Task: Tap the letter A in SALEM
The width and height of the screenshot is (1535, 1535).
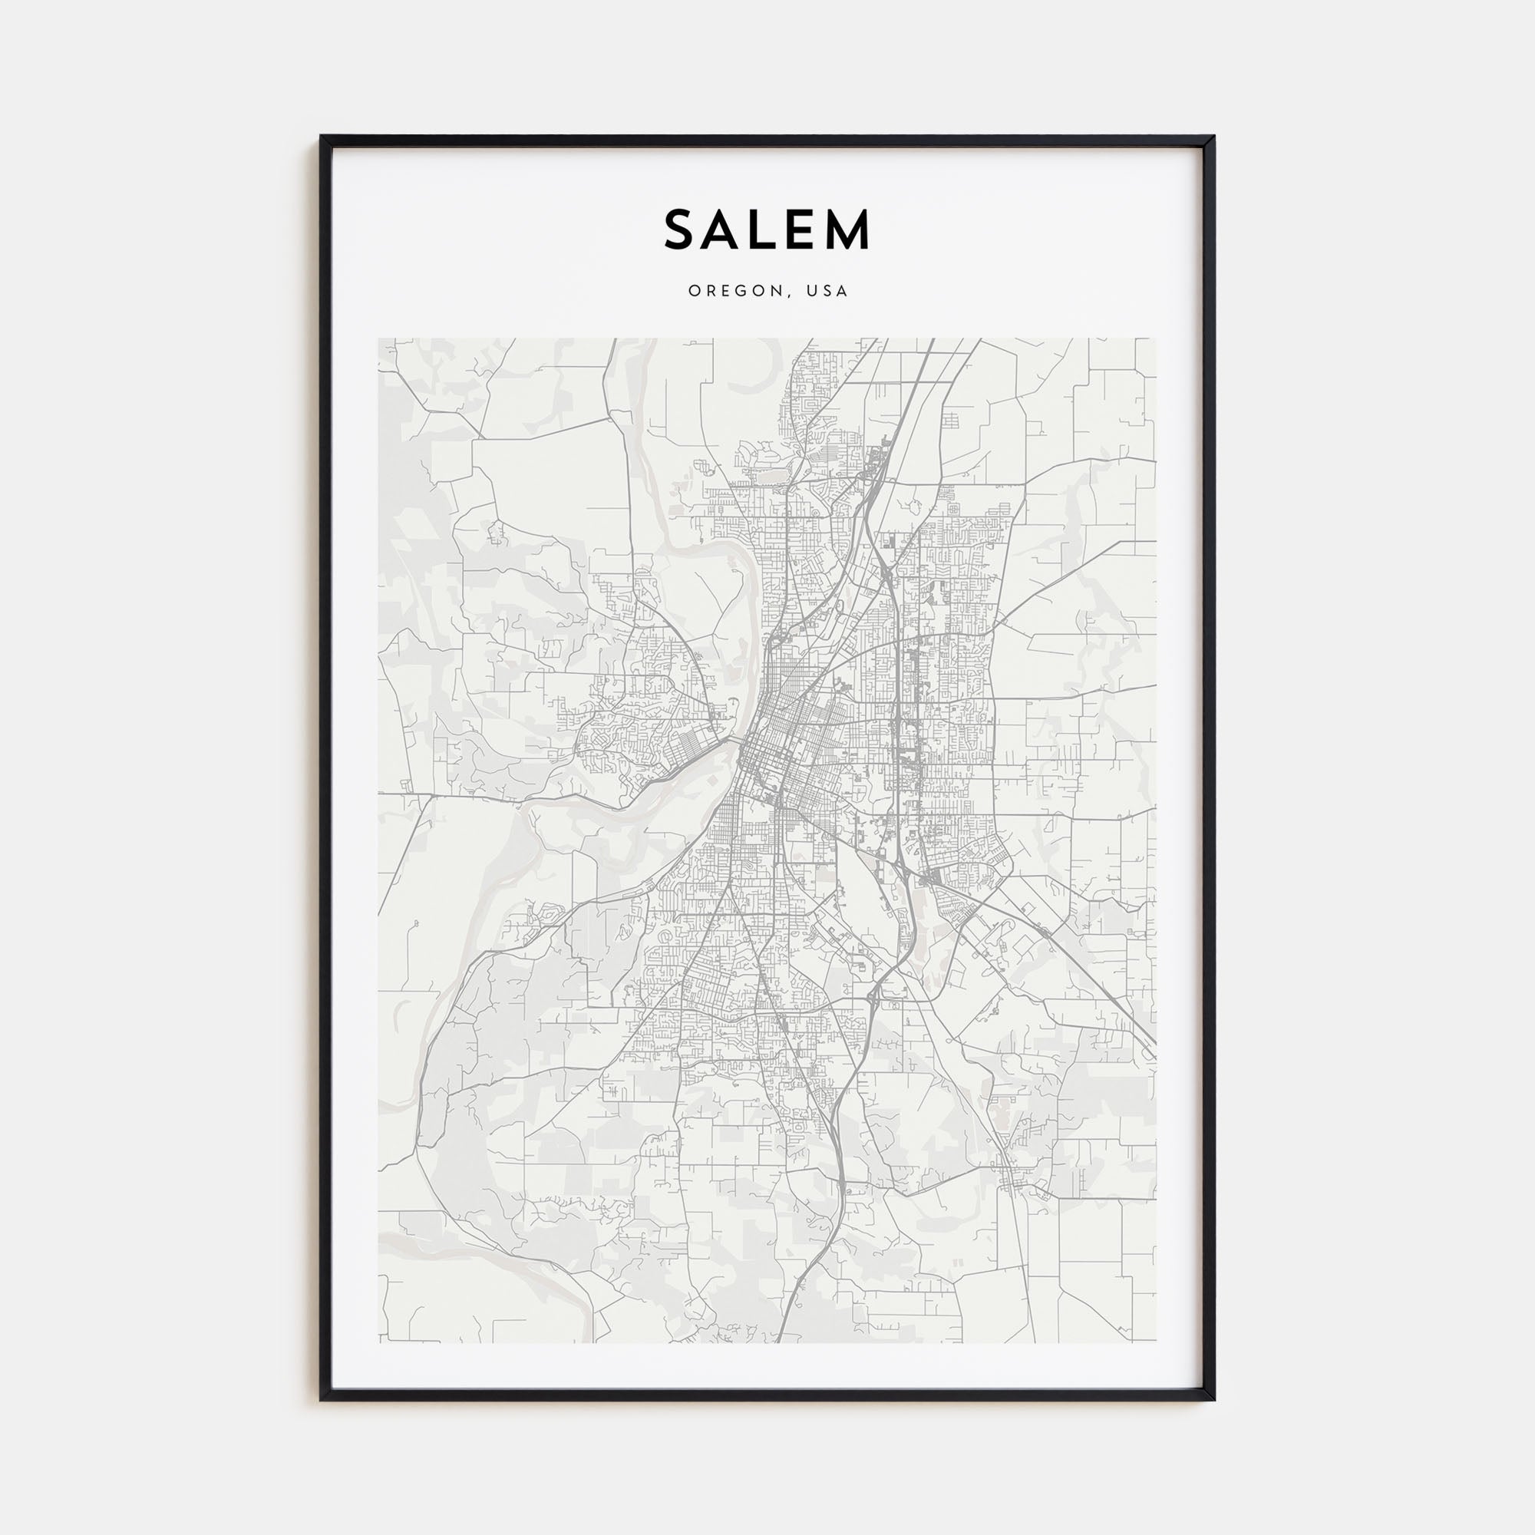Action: point(727,230)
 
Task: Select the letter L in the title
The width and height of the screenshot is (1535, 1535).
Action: point(767,230)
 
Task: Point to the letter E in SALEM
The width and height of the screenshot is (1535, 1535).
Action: point(804,230)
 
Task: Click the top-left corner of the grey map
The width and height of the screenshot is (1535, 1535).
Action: point(379,339)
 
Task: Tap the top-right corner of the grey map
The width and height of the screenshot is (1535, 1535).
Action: point(1156,339)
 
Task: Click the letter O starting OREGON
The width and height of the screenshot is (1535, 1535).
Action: point(694,291)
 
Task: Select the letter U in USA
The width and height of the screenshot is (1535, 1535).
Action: point(811,291)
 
